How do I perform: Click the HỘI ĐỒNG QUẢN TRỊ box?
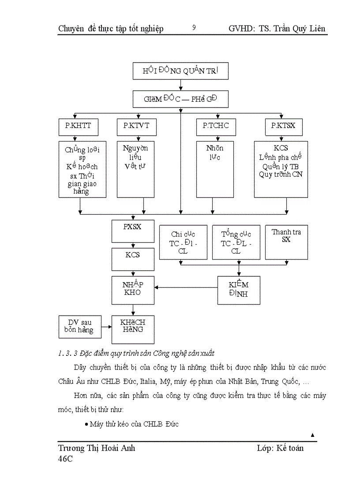click(x=180, y=71)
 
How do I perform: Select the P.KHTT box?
click(x=78, y=127)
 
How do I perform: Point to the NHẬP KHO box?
click(x=133, y=290)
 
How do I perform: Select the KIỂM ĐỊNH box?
click(x=239, y=290)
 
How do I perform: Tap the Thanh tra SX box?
click(x=286, y=242)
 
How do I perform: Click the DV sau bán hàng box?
click(x=80, y=327)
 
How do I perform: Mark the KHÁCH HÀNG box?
click(x=133, y=329)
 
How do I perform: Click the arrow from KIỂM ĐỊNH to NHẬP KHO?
click(x=186, y=288)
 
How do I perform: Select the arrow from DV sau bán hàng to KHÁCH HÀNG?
click(x=106, y=327)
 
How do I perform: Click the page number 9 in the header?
click(x=194, y=28)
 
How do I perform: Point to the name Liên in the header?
click(x=316, y=29)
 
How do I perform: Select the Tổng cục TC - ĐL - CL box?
click(x=236, y=242)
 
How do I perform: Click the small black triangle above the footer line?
click(x=312, y=435)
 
